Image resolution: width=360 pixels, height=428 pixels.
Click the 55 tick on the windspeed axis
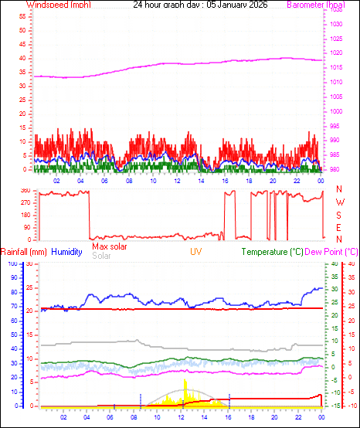[23, 15]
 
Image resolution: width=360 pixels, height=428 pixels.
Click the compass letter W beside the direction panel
[339, 205]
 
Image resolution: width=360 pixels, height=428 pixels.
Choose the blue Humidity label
[67, 252]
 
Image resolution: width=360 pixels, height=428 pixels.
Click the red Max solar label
[110, 246]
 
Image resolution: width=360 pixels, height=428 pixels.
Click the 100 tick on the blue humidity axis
[12, 263]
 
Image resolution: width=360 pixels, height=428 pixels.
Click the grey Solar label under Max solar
[101, 255]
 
